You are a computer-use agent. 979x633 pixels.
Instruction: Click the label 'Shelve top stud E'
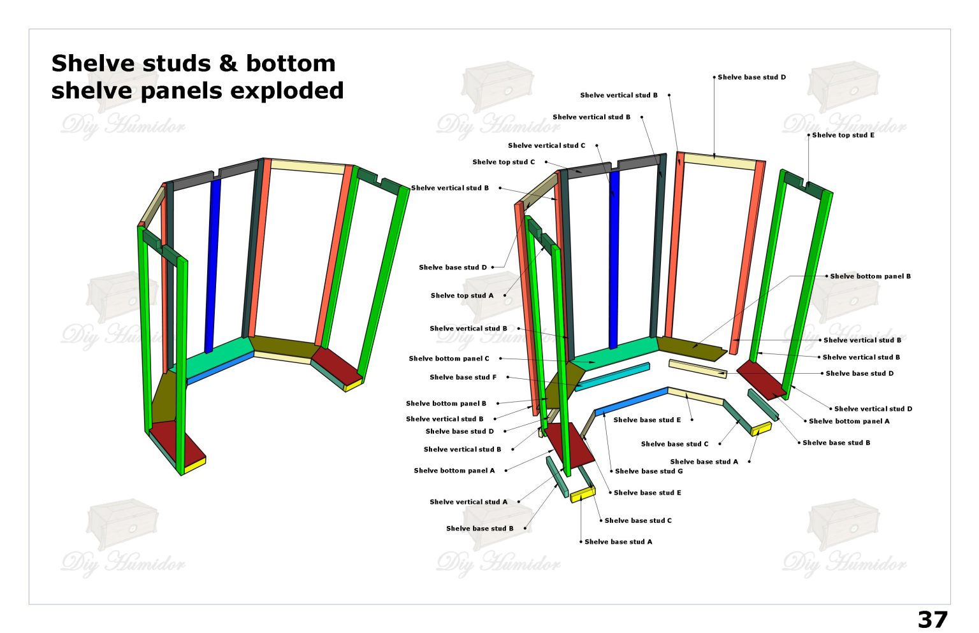point(843,135)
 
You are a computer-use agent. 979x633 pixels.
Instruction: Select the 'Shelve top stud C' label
point(504,162)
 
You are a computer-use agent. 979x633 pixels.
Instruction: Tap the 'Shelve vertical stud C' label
point(546,145)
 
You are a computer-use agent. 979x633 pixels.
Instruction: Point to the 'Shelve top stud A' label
point(461,295)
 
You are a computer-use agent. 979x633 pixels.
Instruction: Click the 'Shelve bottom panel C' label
point(449,359)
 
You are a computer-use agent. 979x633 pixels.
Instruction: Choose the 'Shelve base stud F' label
point(463,377)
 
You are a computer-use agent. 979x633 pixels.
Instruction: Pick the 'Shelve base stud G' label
point(649,471)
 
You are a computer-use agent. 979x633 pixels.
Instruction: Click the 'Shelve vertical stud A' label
point(468,502)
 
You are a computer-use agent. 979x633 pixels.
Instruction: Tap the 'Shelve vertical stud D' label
point(873,409)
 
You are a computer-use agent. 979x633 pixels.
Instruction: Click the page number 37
point(932,619)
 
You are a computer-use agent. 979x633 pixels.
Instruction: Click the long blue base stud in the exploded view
point(631,401)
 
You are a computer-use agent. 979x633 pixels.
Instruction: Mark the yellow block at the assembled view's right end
point(352,384)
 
